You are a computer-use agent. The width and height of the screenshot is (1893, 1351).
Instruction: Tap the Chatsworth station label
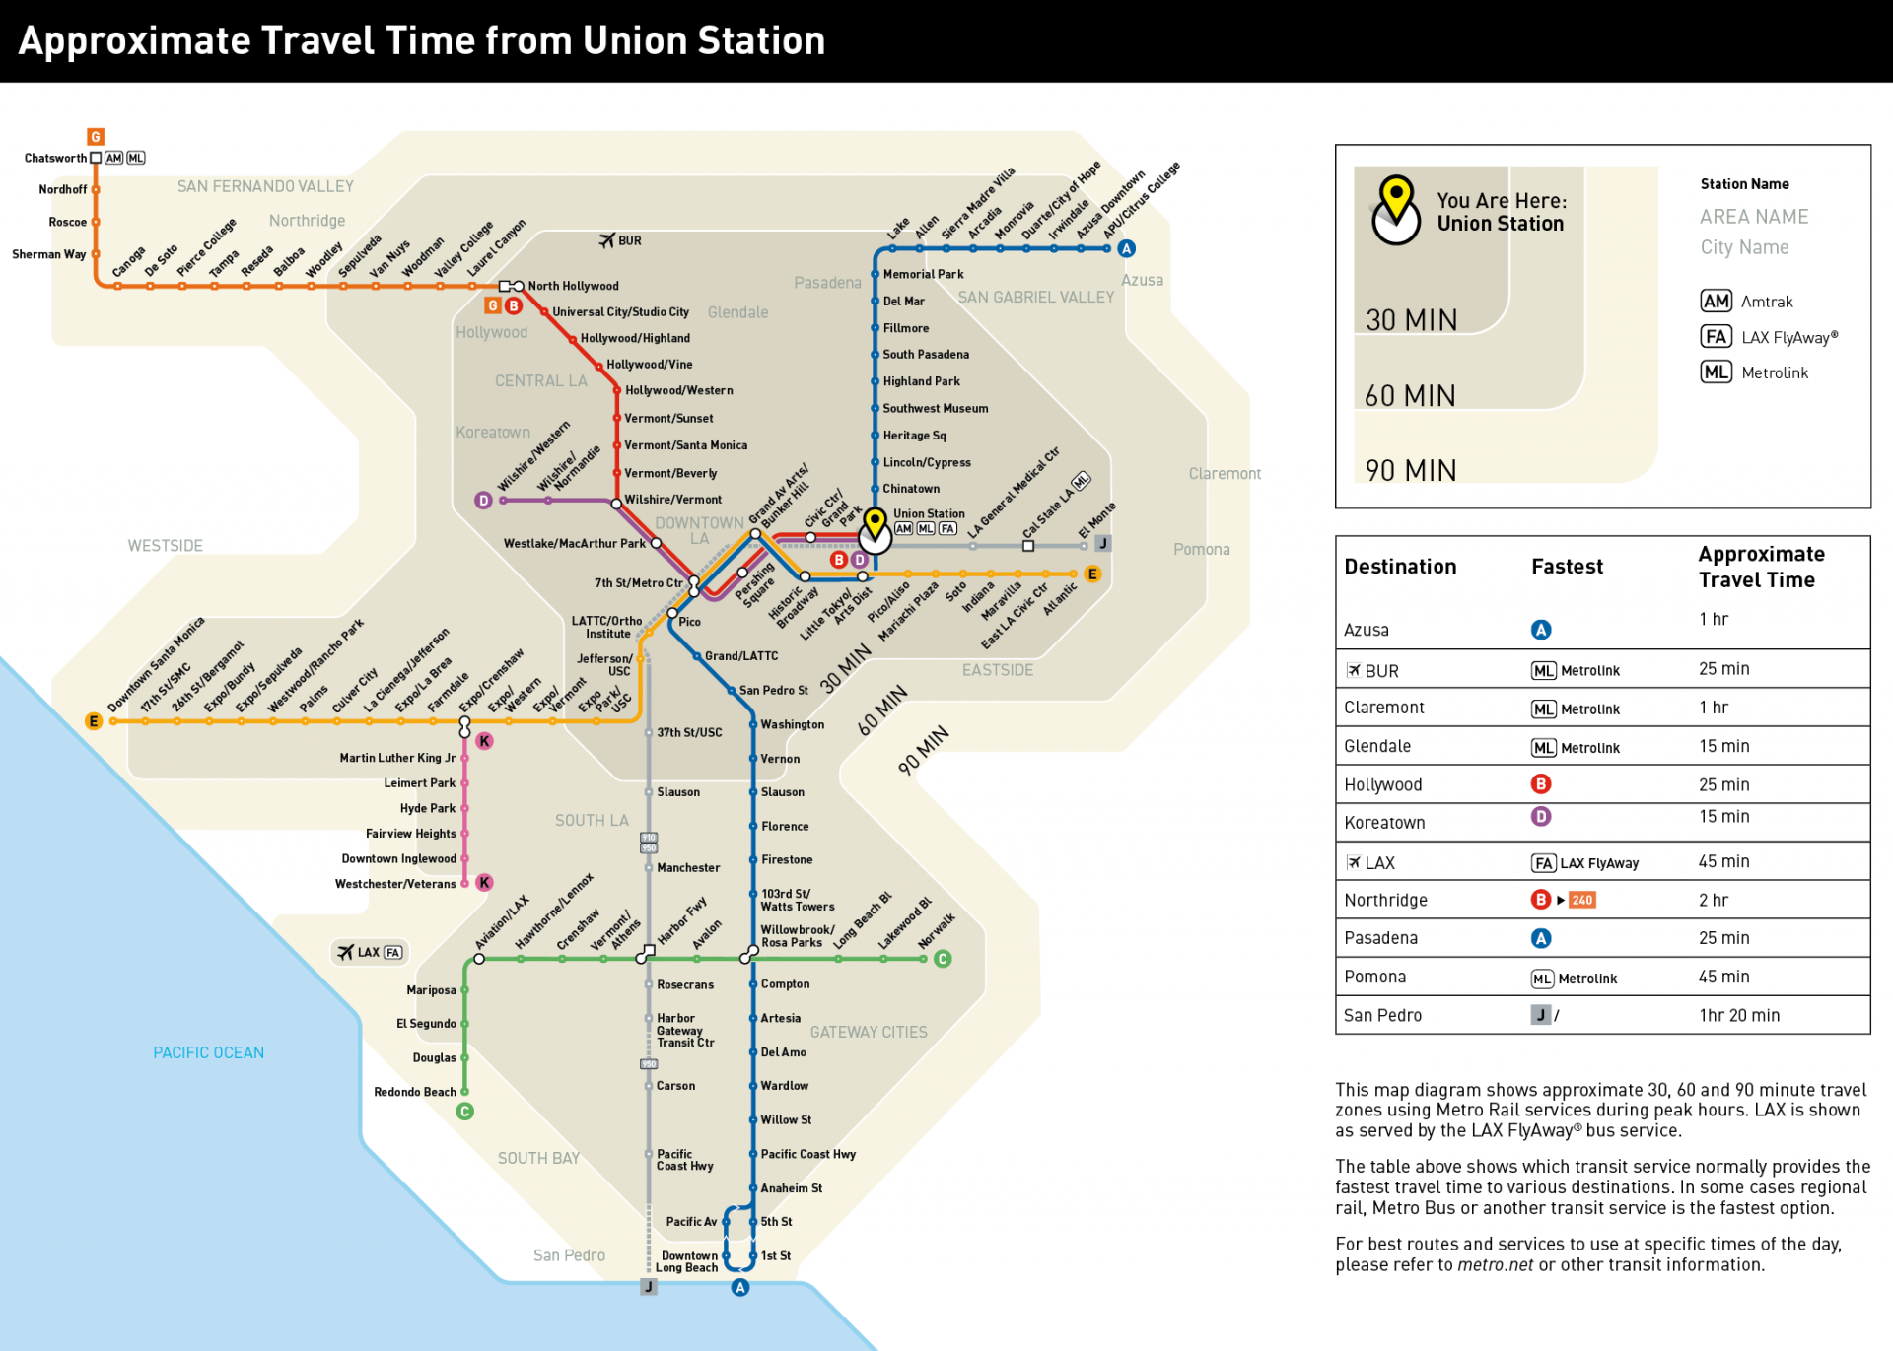[x=55, y=158]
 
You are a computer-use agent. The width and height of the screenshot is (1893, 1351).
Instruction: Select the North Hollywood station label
[x=573, y=286]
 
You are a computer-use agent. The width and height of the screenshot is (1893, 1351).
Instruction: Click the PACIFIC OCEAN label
[x=208, y=1052]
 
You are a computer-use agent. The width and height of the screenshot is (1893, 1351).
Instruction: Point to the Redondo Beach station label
[x=414, y=1092]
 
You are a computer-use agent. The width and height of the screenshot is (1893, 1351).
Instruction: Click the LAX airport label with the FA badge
[x=369, y=952]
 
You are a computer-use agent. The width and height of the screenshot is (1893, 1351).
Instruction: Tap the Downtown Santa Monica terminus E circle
[x=94, y=721]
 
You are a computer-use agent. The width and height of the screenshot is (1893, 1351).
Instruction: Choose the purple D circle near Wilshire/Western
[x=483, y=501]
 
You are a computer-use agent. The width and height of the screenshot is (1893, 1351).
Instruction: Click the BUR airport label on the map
[x=621, y=240]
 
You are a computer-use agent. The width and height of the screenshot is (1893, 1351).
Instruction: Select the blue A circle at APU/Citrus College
[x=1127, y=249]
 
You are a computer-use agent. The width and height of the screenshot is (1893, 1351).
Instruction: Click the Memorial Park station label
[x=923, y=274]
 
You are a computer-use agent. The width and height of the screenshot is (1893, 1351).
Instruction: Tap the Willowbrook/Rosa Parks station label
[x=797, y=936]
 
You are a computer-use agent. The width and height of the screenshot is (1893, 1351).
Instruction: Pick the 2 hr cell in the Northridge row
[x=1713, y=900]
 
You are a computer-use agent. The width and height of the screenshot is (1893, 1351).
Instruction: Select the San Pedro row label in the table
[x=1382, y=1015]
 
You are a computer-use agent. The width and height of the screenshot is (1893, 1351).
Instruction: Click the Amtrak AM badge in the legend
[x=1716, y=302]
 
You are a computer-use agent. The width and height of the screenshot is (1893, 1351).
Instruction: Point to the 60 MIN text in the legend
[x=1410, y=396]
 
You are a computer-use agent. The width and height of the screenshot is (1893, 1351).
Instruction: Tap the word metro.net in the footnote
[x=1495, y=1265]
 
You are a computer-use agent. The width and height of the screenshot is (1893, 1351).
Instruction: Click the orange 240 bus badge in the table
[x=1581, y=900]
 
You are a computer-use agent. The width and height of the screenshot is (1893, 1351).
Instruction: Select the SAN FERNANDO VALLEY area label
[x=265, y=186]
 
